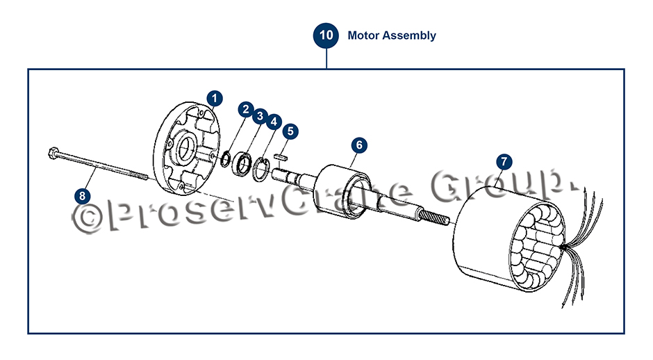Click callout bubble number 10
[326, 35]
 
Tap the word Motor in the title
[363, 35]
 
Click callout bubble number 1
[215, 97]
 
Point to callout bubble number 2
[245, 109]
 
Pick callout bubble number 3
[259, 115]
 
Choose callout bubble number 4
[274, 122]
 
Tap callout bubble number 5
[290, 130]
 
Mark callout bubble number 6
[358, 145]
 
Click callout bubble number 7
[504, 161]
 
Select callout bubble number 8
[83, 195]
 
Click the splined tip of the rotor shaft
[436, 222]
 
